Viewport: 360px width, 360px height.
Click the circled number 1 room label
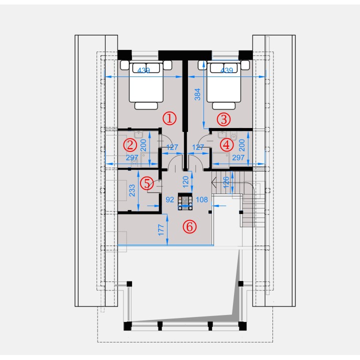pos(169,118)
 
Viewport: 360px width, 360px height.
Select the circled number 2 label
pos(130,145)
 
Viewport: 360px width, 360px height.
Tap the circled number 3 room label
pos(224,119)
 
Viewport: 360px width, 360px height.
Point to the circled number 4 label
pos(227,145)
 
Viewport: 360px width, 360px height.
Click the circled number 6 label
pos(189,226)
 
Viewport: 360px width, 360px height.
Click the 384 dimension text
pos(197,94)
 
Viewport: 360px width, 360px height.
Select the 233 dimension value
pos(132,190)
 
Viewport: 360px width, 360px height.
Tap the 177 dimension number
pos(161,230)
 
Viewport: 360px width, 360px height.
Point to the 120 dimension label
pos(185,181)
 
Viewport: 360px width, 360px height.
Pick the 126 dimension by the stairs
pos(226,182)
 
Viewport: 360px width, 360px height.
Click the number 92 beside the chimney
pos(170,199)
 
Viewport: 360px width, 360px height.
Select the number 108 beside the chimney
pos(202,199)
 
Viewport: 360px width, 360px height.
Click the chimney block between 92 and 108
pos(185,201)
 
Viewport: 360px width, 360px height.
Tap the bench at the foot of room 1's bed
pos(146,106)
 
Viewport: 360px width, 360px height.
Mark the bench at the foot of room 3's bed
pos(224,106)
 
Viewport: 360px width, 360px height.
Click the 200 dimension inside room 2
pos(143,145)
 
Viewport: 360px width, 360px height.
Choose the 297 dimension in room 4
pos(238,157)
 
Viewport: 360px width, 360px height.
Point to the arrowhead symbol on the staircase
pos(214,183)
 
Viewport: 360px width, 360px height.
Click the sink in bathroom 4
pos(222,134)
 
